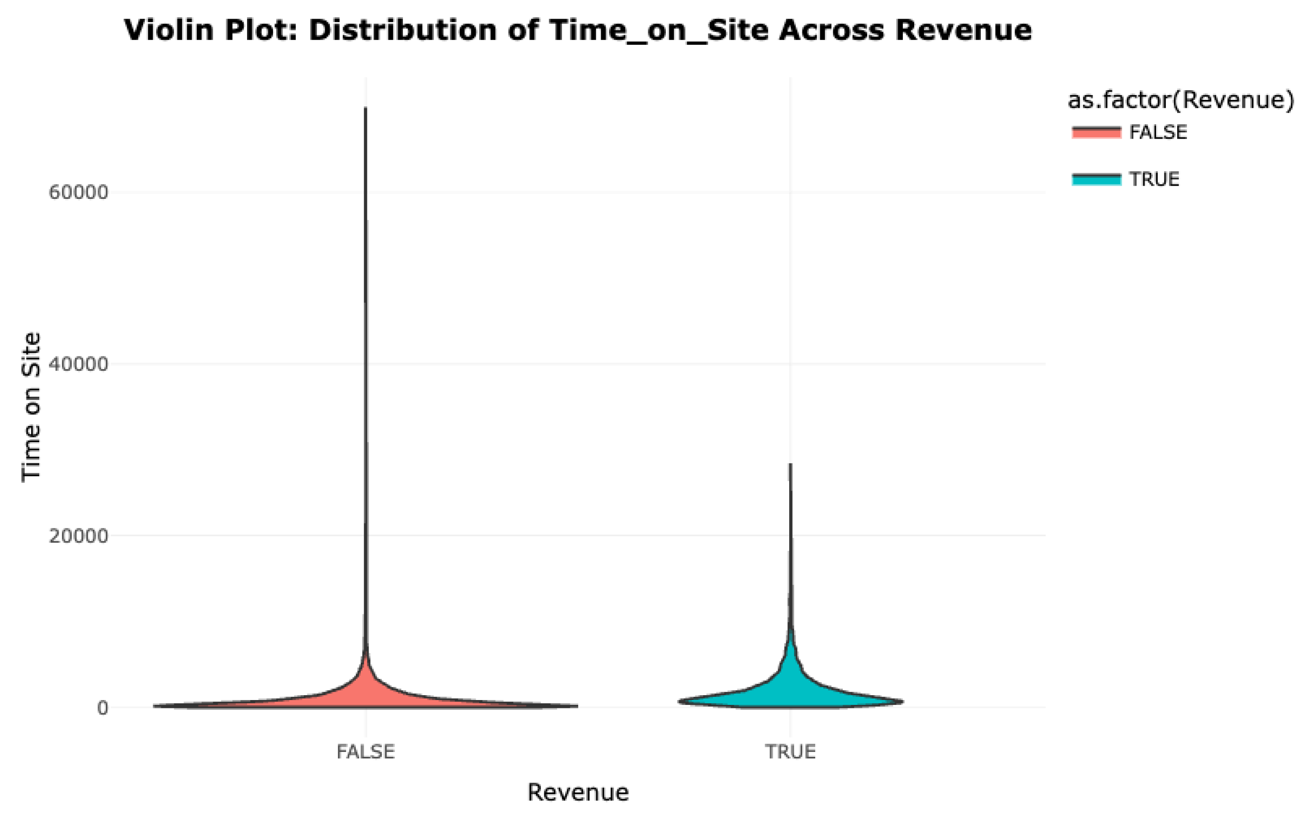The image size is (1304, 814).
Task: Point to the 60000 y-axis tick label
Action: tap(79, 193)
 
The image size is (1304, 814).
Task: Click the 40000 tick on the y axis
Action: tap(79, 364)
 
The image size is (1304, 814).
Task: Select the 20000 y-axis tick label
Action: tap(79, 536)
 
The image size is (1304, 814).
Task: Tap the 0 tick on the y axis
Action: tap(102, 708)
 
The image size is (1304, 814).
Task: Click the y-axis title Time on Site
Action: tap(31, 407)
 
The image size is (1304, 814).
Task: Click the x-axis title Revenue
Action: tap(578, 792)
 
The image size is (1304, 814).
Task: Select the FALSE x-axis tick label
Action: tap(366, 752)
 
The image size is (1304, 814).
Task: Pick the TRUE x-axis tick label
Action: tap(790, 752)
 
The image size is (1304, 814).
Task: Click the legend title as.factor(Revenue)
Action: tap(1180, 100)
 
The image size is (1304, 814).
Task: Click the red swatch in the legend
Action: tap(1096, 132)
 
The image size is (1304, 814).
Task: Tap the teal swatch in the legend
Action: tap(1096, 179)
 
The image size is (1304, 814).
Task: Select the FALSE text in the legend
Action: tap(1157, 132)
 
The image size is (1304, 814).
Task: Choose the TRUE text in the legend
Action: tap(1154, 179)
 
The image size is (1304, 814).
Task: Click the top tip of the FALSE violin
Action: tap(366, 108)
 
